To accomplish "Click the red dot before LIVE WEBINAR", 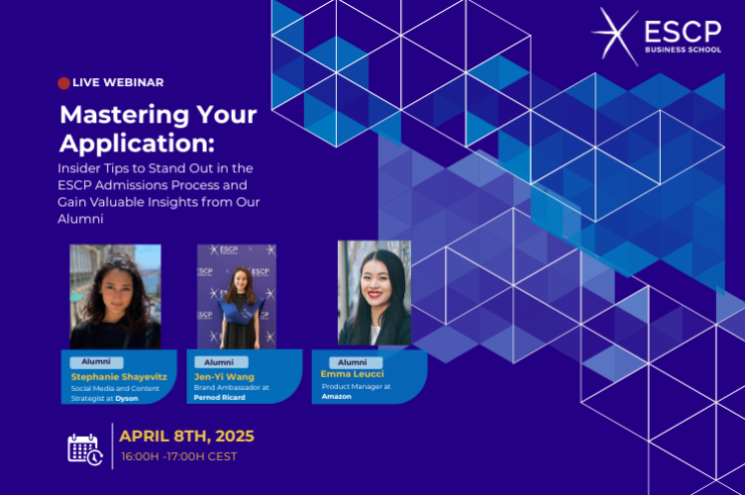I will click(x=64, y=83).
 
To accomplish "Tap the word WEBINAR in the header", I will click(x=133, y=83).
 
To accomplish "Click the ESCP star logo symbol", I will click(x=614, y=35).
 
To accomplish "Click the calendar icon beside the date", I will click(x=84, y=447).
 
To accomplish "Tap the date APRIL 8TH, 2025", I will click(x=187, y=436).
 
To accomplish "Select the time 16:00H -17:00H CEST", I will click(x=179, y=456).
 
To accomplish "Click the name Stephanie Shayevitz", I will click(x=119, y=377).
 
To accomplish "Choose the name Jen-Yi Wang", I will click(x=225, y=376).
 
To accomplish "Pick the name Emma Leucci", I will click(x=353, y=373).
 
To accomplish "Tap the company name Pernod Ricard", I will click(x=221, y=397).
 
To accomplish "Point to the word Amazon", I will click(x=337, y=395).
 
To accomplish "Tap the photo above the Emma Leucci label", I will click(x=374, y=293).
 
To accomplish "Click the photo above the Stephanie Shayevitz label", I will click(x=115, y=296).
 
